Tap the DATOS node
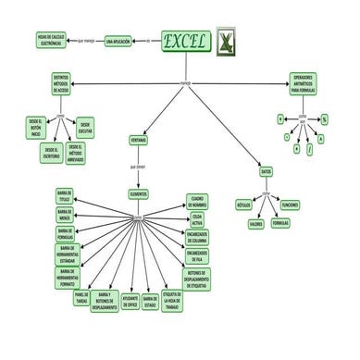click(x=267, y=171)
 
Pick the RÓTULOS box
click(x=244, y=204)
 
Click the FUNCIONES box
click(x=290, y=204)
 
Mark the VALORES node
click(x=256, y=223)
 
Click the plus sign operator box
click(x=280, y=120)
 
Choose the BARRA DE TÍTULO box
click(x=66, y=197)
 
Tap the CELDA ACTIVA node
click(x=198, y=218)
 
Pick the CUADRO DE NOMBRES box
click(x=197, y=200)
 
